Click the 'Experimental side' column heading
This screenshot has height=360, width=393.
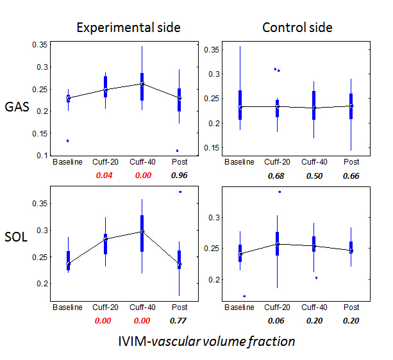128,28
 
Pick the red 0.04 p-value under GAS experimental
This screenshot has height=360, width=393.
103,174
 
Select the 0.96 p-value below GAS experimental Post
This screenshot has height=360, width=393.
179,174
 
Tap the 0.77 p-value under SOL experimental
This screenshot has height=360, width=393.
179,318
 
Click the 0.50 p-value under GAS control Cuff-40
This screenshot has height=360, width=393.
314,176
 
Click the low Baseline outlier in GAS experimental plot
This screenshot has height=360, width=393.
67,140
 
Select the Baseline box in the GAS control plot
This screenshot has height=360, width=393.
240,105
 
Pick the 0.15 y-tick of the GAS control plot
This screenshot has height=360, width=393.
212,148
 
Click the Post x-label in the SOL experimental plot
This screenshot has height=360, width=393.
180,307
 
